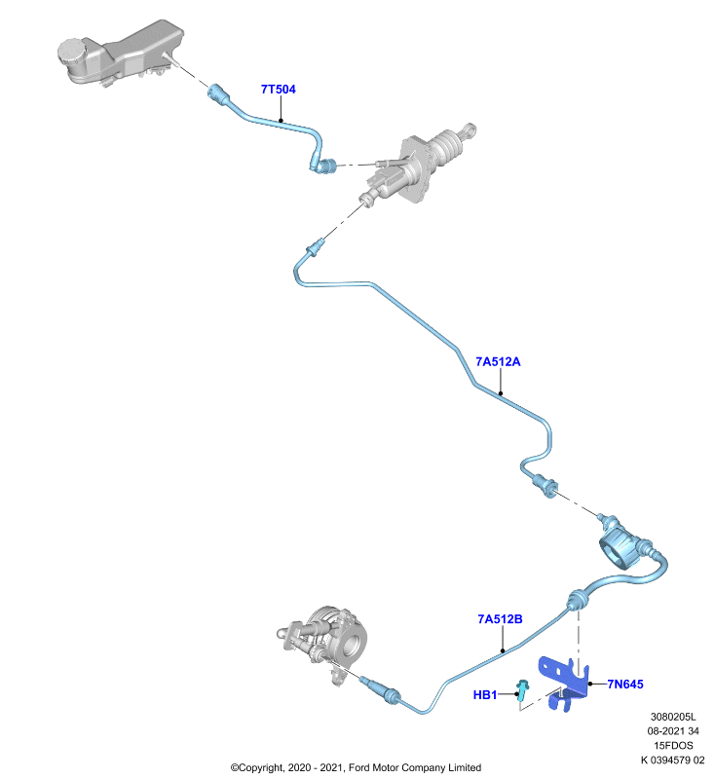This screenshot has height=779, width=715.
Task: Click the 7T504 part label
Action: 279,90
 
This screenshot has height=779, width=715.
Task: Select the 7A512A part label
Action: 498,361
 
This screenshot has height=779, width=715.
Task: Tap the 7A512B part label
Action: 500,619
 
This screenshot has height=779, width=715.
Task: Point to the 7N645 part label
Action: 625,685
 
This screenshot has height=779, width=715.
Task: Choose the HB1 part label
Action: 485,694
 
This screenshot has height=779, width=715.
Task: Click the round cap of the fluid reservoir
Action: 72,52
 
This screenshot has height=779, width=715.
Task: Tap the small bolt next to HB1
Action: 522,691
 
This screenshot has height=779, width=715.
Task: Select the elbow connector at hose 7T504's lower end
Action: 324,166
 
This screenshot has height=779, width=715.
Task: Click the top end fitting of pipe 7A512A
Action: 316,247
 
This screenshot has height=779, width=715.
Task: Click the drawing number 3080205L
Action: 673,717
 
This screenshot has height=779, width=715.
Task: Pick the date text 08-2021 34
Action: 673,731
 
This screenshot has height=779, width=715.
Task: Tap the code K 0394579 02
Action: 673,760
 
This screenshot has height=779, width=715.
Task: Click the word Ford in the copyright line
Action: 359,767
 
